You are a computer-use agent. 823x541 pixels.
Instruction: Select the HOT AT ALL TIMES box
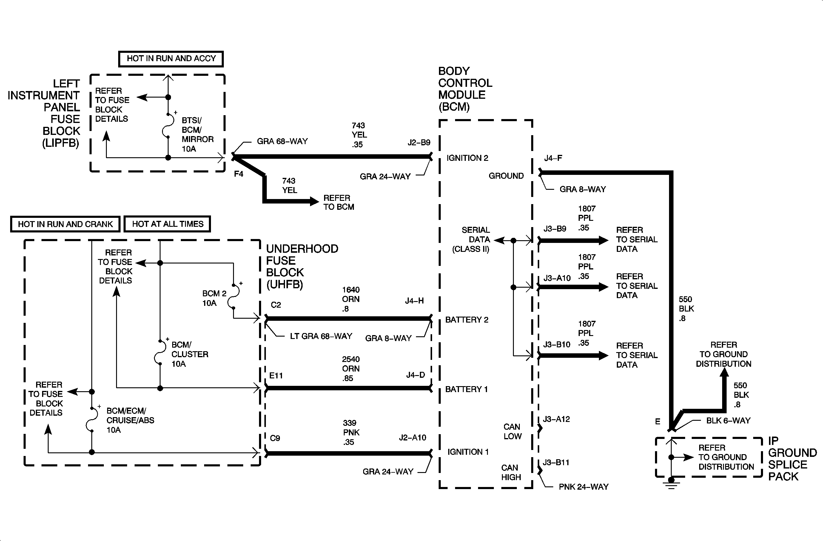tap(167, 224)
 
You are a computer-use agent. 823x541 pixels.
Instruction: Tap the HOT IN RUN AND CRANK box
tap(65, 224)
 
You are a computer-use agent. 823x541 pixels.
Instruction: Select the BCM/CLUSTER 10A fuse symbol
tap(160, 352)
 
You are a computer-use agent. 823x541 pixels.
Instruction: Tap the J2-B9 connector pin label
tap(418, 142)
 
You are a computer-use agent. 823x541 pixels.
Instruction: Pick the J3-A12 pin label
tap(556, 419)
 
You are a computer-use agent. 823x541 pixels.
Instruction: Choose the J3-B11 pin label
tap(556, 463)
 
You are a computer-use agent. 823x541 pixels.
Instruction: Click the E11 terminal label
tap(276, 376)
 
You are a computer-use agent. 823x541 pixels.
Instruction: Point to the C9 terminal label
tap(275, 438)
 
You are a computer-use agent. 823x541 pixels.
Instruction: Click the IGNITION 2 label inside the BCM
tap(467, 158)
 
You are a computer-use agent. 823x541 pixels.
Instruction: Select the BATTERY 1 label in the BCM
tap(466, 389)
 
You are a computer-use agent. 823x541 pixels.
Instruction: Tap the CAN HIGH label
tap(511, 473)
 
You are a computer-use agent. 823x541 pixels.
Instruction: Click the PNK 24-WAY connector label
tap(583, 487)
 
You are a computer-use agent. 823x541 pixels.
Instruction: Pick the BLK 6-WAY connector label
tap(728, 421)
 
